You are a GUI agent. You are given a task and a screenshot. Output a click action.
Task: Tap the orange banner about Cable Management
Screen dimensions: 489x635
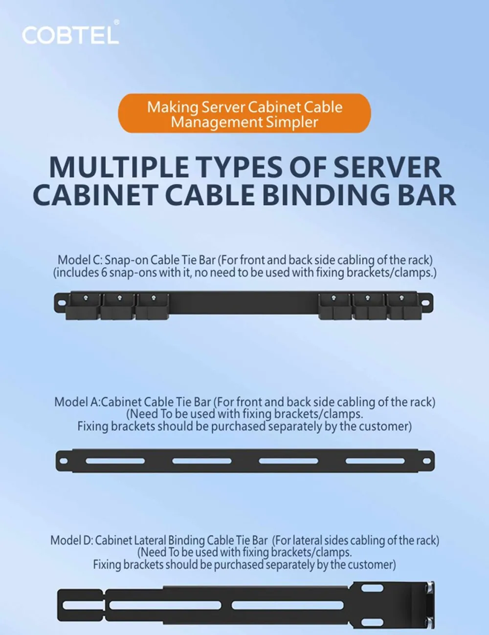(x=244, y=113)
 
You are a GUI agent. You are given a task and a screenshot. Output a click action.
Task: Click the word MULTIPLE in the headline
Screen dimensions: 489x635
(x=119, y=167)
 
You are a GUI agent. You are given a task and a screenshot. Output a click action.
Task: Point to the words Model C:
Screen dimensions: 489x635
(x=80, y=260)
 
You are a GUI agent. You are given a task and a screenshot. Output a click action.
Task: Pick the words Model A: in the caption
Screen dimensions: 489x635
(x=77, y=402)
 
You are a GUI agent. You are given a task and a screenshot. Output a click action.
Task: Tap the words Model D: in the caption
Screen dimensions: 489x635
(x=72, y=540)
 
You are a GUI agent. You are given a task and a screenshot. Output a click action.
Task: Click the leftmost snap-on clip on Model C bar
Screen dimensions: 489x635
(x=83, y=307)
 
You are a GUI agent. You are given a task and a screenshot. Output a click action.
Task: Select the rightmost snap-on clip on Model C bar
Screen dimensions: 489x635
(x=404, y=307)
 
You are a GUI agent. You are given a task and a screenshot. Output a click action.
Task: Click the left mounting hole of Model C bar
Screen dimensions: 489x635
(x=62, y=302)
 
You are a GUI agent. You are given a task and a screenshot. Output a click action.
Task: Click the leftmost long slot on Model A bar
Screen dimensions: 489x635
(x=115, y=461)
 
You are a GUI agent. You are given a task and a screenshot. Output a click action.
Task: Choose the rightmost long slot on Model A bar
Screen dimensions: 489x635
(x=375, y=461)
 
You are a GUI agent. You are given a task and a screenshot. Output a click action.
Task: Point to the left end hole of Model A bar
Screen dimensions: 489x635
(x=64, y=461)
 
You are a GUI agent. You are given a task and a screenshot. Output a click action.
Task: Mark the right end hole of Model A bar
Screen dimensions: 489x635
(x=427, y=461)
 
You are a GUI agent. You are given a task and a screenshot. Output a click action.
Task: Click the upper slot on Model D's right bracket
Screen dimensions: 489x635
(x=372, y=588)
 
